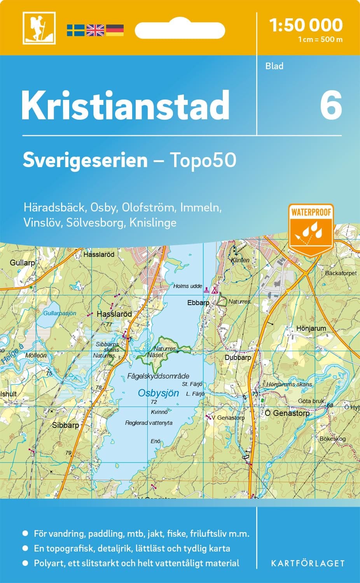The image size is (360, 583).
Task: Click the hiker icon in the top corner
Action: [x=39, y=28]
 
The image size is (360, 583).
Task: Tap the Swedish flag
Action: [x=75, y=30]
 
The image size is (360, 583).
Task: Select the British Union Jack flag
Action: [x=95, y=30]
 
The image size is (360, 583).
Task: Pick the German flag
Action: [x=115, y=30]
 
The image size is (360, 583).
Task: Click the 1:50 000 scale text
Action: [x=306, y=25]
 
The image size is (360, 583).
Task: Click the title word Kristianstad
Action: [x=125, y=106]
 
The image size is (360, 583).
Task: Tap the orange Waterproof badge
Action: [x=311, y=229]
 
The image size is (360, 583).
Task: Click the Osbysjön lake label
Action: [x=158, y=393]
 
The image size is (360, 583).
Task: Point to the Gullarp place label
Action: [x=22, y=263]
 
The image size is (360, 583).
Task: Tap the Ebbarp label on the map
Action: [x=198, y=302]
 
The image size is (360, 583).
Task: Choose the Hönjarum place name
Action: [x=311, y=328]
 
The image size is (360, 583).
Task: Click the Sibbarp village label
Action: [x=65, y=425]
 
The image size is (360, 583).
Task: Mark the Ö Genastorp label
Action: [x=287, y=413]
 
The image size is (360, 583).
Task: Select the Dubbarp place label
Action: [x=238, y=357]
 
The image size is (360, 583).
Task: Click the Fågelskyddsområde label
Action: [x=158, y=376]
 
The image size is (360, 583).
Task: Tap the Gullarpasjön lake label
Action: [x=59, y=313]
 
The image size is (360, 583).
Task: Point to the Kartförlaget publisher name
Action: [x=307, y=563]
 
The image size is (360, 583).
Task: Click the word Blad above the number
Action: [x=274, y=66]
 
